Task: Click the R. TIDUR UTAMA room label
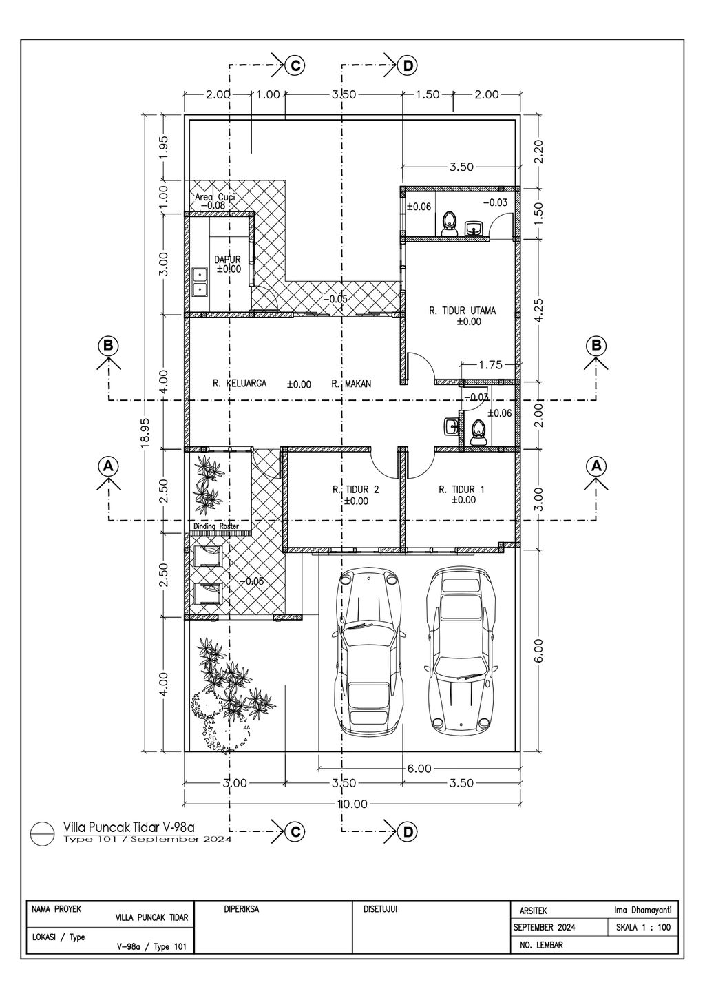click(x=462, y=311)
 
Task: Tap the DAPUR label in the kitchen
click(x=227, y=260)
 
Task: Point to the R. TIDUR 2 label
click(x=356, y=490)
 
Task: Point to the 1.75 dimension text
click(x=490, y=366)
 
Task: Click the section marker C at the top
click(x=295, y=65)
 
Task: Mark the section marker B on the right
click(x=596, y=345)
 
